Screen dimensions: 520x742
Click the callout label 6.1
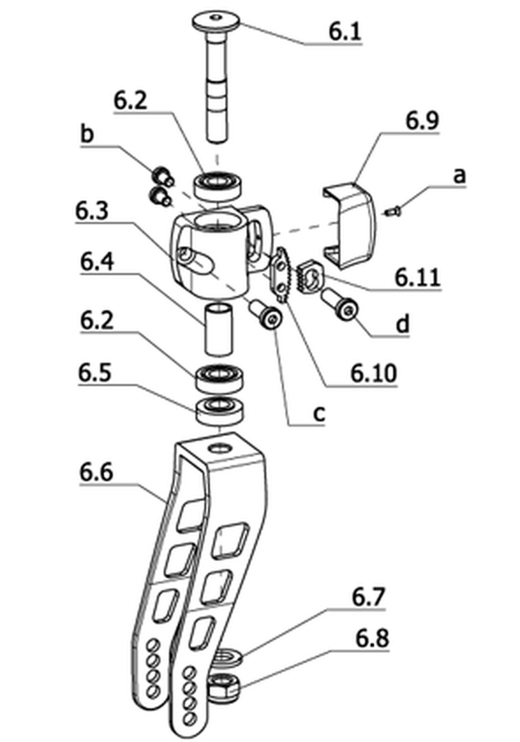(345, 32)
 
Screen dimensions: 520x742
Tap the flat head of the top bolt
(216, 21)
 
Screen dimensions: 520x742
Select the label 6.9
(422, 121)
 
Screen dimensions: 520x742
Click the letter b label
(87, 135)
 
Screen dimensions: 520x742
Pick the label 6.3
(92, 211)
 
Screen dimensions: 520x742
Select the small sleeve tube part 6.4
(219, 329)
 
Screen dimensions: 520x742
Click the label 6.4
(97, 262)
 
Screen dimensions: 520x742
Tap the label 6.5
(94, 373)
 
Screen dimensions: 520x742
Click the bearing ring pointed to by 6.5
(220, 411)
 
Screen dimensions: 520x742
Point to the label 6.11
(418, 278)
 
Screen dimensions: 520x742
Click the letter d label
(402, 325)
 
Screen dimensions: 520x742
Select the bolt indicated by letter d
(339, 304)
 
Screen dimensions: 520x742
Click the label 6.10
(374, 374)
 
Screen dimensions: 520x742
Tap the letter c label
(320, 414)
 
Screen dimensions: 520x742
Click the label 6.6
(96, 472)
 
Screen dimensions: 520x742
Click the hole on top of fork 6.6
(219, 447)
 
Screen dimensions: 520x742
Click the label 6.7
(368, 597)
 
